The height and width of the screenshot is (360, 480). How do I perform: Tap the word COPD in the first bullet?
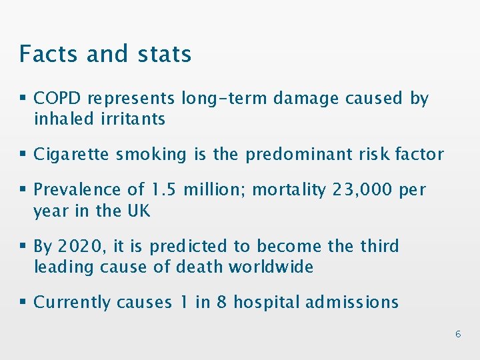58,99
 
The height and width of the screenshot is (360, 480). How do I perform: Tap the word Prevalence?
72,190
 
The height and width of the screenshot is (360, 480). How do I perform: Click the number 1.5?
163,190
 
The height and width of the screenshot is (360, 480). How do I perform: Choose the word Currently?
72,303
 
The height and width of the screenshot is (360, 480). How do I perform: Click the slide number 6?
458,334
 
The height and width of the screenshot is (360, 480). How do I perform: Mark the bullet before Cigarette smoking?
23,155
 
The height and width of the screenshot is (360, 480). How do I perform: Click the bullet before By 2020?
23,247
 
